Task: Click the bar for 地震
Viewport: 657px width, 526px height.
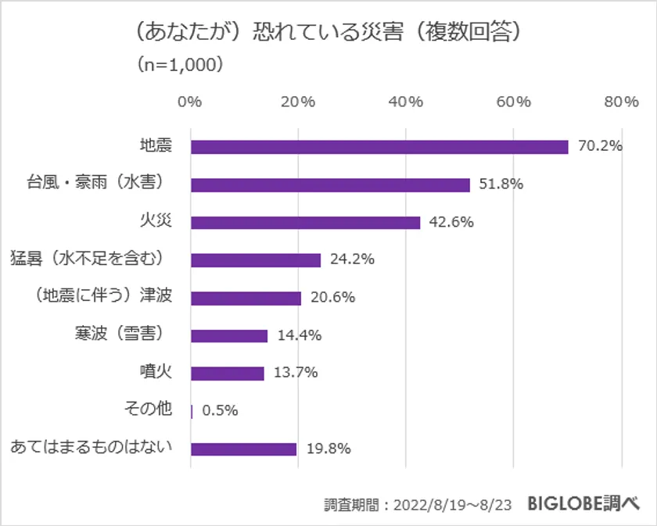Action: pyautogui.click(x=379, y=147)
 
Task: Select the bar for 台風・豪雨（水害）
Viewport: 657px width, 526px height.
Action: pyautogui.click(x=330, y=184)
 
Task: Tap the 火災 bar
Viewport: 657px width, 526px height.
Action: pyautogui.click(x=305, y=222)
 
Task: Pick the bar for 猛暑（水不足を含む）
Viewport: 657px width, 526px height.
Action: pyautogui.click(x=256, y=260)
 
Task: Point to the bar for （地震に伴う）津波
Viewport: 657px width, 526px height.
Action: pyautogui.click(x=246, y=298)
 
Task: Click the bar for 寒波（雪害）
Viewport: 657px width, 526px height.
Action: pyautogui.click(x=229, y=335)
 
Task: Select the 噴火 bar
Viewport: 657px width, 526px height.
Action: pyautogui.click(x=228, y=373)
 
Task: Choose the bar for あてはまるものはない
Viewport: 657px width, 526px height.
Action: pyautogui.click(x=244, y=449)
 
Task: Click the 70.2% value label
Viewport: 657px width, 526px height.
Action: pyautogui.click(x=600, y=146)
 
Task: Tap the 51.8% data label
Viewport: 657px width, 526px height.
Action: pyautogui.click(x=501, y=184)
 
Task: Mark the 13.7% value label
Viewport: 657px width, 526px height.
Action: pyautogui.click(x=296, y=373)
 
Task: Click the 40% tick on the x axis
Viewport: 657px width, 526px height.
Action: pyautogui.click(x=406, y=102)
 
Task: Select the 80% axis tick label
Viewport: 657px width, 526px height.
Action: pyautogui.click(x=622, y=102)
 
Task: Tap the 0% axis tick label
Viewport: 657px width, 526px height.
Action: pyautogui.click(x=190, y=102)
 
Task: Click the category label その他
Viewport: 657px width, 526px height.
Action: pyautogui.click(x=149, y=410)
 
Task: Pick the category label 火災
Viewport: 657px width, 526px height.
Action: pyautogui.click(x=156, y=221)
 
